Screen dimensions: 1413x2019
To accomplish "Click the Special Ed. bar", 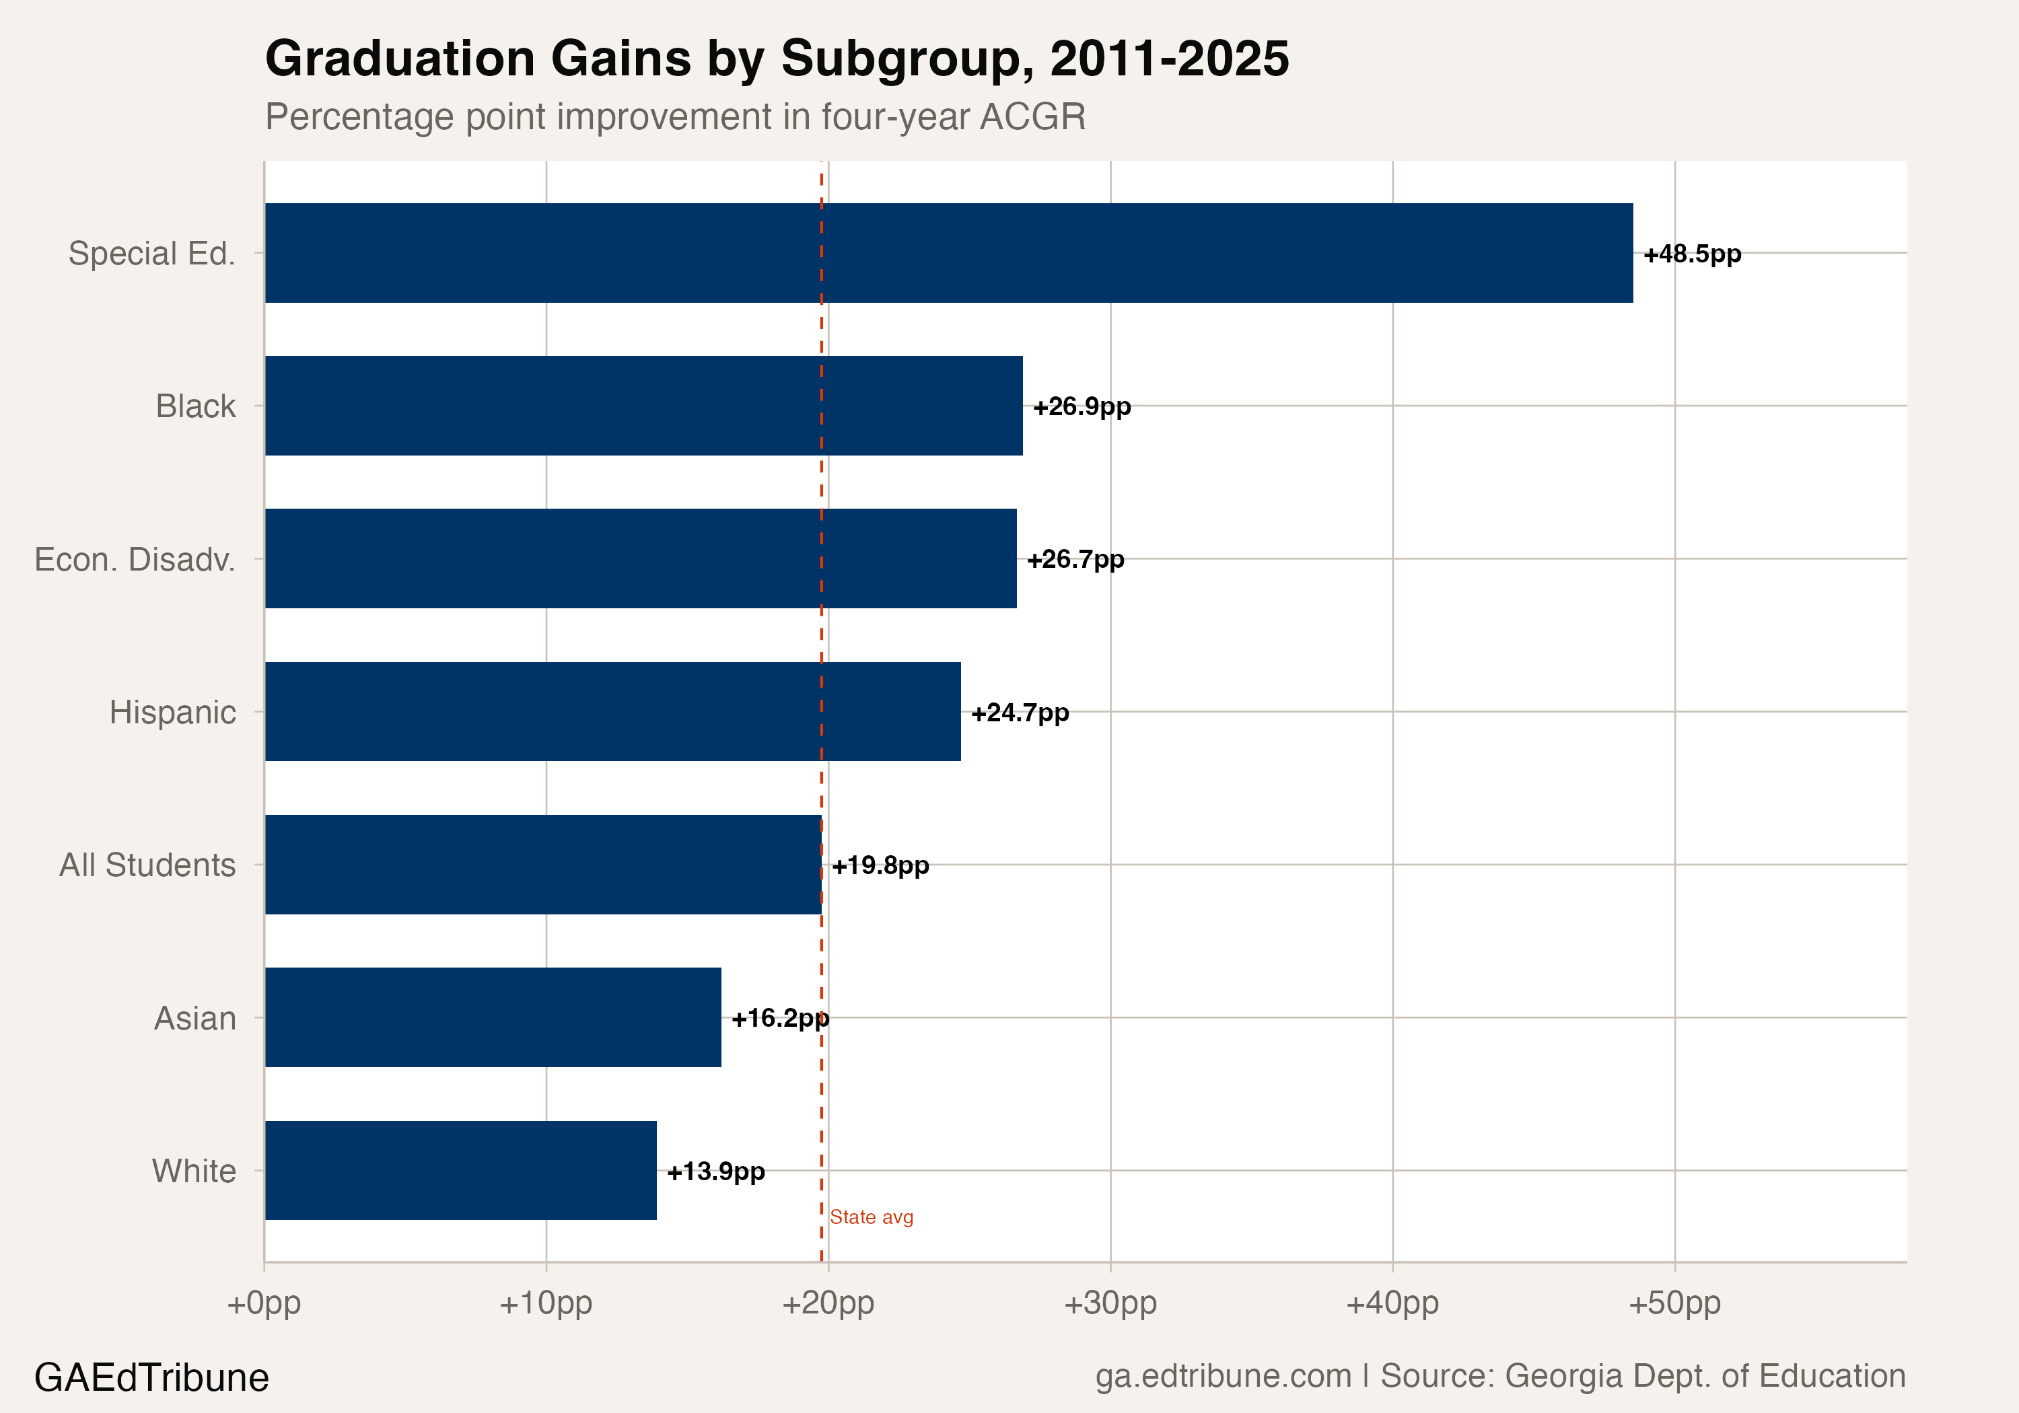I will coord(948,253).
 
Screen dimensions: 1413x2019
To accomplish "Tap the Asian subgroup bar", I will coord(493,1017).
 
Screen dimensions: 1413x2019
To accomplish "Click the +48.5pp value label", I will coord(1692,254).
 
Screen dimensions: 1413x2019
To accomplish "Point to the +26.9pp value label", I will coord(1082,407).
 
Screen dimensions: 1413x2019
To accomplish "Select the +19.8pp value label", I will coord(880,866).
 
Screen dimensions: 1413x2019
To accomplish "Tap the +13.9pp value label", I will coord(716,1172).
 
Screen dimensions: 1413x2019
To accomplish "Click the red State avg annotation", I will coord(872,1217).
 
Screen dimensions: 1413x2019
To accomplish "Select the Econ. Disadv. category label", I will coord(135,559).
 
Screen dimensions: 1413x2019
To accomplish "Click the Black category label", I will coord(195,406).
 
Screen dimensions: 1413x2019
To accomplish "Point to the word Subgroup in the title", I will coord(907,60).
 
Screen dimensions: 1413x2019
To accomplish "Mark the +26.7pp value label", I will coord(1075,560).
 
